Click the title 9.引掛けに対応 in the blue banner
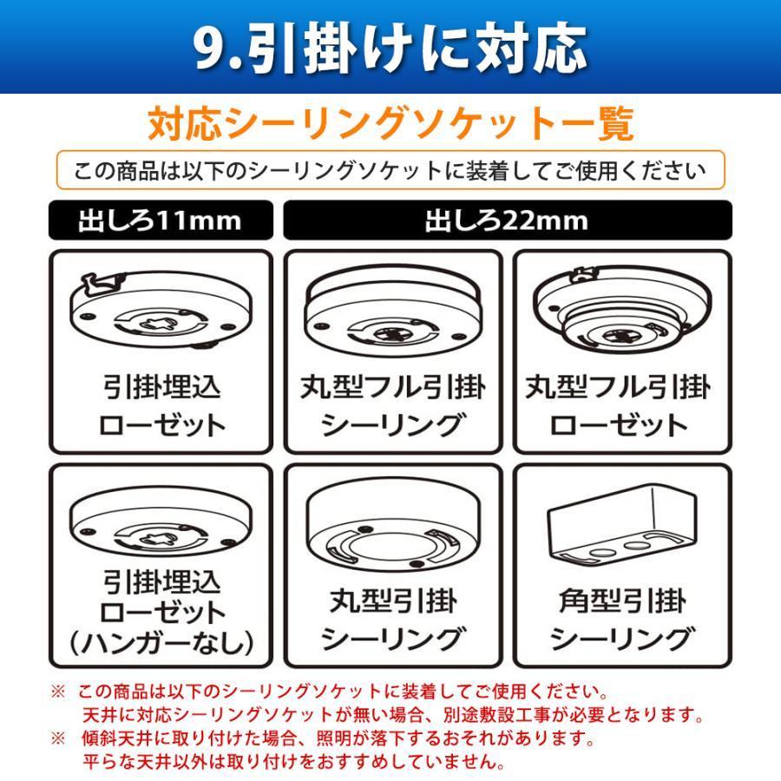tap(390, 48)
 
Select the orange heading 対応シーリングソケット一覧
tap(390, 124)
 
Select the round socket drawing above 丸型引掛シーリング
tap(393, 529)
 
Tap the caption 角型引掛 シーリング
tap(621, 620)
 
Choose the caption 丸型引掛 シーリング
tap(393, 620)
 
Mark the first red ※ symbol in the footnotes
tap(58, 692)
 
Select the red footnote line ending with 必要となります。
tap(390, 716)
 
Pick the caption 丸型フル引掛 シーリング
tap(393, 405)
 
